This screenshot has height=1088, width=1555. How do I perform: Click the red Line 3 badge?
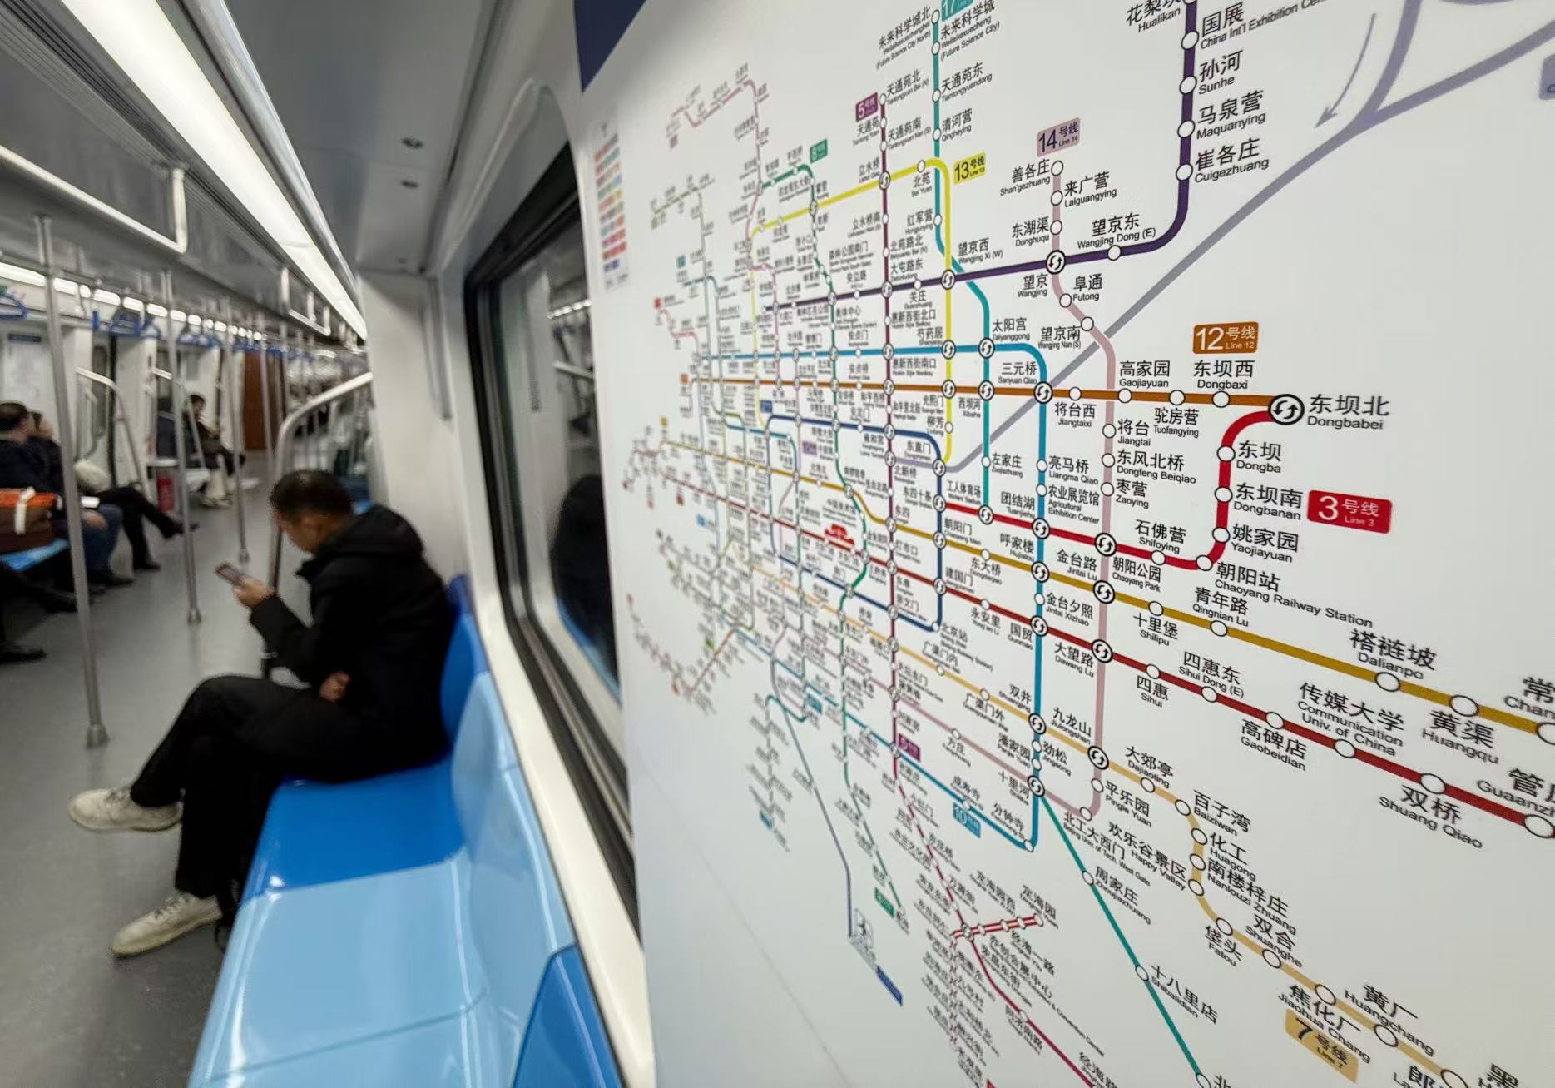tap(1348, 509)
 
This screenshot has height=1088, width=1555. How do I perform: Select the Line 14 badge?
tap(1057, 136)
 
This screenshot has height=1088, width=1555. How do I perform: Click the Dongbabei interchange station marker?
tap(1286, 409)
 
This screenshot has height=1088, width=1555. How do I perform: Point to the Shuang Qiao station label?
tap(1431, 810)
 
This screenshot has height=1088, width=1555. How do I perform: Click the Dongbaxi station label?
tap(1222, 375)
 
